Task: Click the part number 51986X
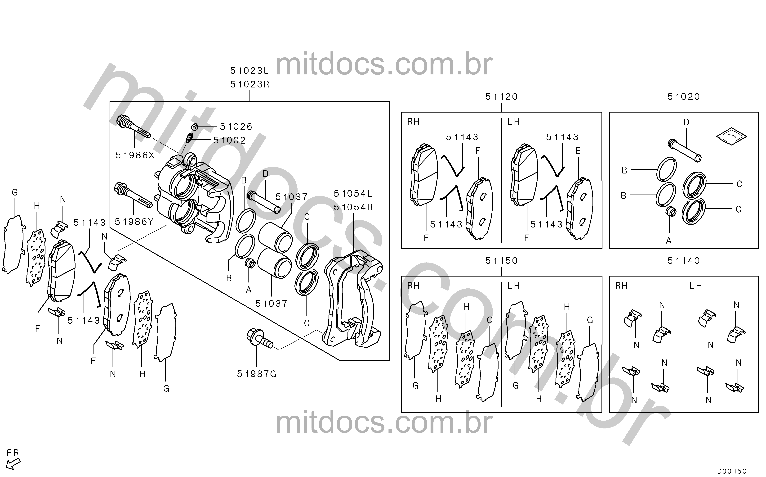[x=135, y=155]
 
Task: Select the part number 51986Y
[x=134, y=222]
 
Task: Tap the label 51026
[x=236, y=127]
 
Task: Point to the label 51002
[x=229, y=140]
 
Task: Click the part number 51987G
[x=257, y=374]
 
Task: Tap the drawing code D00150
[x=732, y=471]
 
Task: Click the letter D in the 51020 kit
[x=686, y=122]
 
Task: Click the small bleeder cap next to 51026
[x=195, y=127]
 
